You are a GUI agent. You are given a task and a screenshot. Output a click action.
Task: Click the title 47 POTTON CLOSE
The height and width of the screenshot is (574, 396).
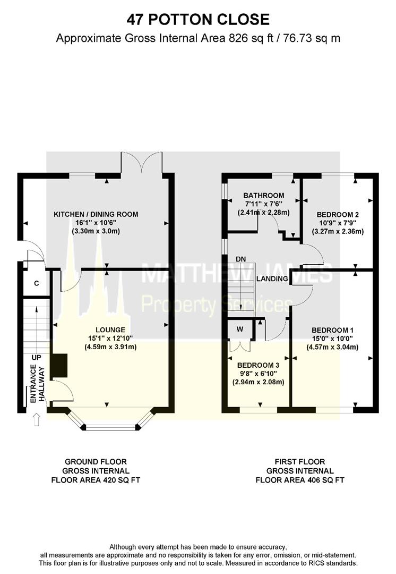tap(198, 20)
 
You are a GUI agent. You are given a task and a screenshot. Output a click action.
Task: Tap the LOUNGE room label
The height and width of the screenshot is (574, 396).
tap(110, 330)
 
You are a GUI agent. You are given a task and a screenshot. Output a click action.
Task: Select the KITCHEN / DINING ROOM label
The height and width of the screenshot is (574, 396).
tap(96, 214)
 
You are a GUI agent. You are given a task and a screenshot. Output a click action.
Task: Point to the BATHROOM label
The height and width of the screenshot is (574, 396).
tap(264, 196)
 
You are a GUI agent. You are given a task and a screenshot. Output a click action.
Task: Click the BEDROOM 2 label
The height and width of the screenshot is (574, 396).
tap(338, 215)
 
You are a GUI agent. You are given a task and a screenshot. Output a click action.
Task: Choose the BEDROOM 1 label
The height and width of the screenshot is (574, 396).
tap(332, 330)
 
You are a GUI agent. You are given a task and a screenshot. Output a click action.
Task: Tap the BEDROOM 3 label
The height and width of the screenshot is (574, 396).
tap(258, 365)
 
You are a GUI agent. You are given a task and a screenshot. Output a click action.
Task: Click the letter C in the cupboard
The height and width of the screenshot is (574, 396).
tap(37, 283)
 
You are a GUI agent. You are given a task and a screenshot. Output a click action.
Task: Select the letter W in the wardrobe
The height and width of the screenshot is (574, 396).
tap(240, 329)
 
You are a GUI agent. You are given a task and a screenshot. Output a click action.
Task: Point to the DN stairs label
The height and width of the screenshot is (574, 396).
tap(240, 259)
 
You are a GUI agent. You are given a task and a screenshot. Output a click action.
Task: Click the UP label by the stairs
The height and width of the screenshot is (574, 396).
tap(37, 357)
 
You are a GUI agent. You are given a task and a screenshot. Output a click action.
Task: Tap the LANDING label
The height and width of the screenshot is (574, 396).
tap(272, 278)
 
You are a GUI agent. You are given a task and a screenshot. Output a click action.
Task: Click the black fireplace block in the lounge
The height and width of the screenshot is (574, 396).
tap(58, 365)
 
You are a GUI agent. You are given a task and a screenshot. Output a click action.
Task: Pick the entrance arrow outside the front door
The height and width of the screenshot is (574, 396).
tap(36, 419)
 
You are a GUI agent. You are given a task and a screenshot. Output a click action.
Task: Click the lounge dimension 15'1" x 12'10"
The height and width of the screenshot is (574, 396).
tap(110, 338)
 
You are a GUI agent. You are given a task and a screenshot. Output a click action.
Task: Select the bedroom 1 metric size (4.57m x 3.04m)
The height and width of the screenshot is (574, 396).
tap(332, 347)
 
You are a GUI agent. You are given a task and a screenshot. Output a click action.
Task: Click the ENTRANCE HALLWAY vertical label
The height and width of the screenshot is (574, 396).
tap(37, 384)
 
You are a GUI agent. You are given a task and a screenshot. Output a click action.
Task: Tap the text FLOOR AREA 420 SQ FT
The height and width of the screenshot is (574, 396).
tap(96, 480)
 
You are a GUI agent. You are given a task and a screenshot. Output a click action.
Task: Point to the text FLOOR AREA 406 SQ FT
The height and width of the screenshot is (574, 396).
tap(300, 480)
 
